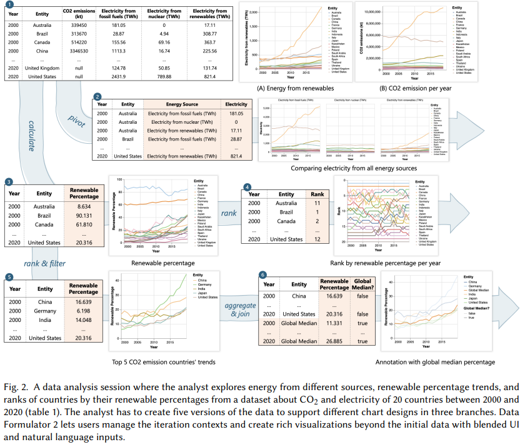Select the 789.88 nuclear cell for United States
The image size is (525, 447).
click(x=166, y=76)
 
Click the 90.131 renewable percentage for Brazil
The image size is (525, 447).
click(x=83, y=214)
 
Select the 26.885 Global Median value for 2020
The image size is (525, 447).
click(x=334, y=341)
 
